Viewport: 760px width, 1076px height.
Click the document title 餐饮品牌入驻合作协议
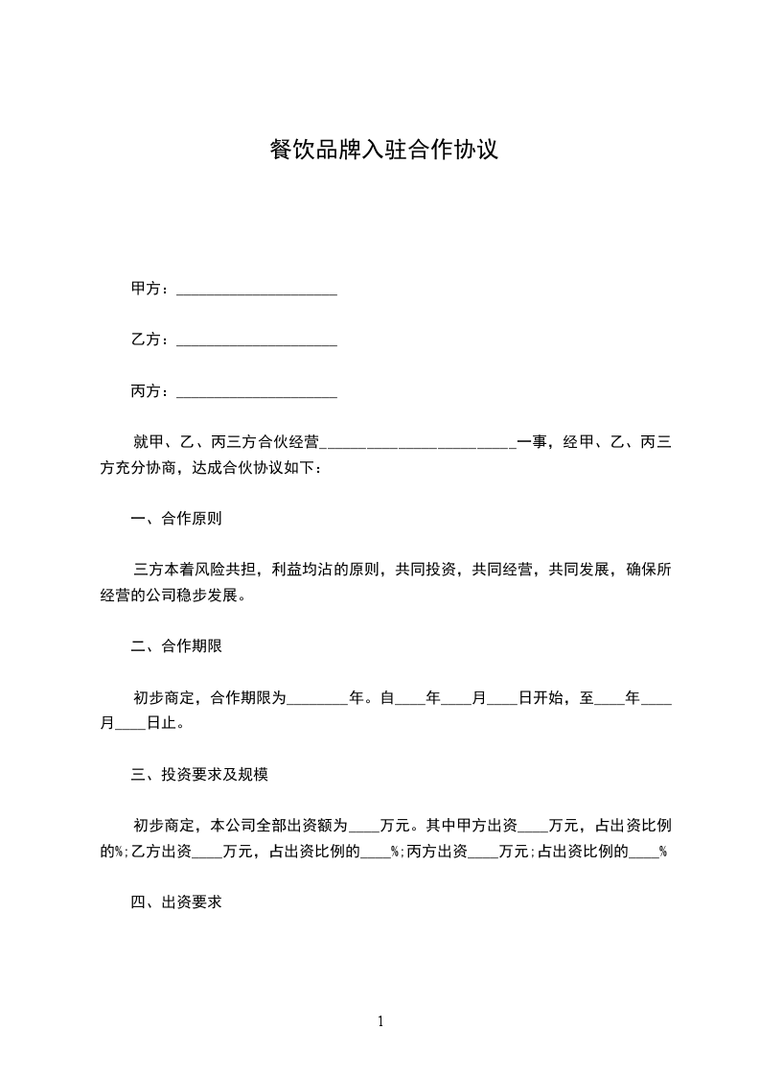tap(383, 151)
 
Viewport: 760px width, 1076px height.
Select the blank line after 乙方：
tap(257, 341)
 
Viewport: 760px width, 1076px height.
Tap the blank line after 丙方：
tap(257, 393)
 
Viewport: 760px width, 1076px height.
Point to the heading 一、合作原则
tap(176, 520)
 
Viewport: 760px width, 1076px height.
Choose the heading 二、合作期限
tap(176, 646)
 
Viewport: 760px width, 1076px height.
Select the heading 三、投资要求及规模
tap(199, 774)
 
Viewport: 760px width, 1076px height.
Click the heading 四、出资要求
tap(176, 902)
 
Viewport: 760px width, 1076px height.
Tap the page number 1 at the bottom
tap(380, 1022)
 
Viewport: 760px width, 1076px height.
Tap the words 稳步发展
tap(215, 596)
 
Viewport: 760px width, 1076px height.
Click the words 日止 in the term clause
tap(162, 724)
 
